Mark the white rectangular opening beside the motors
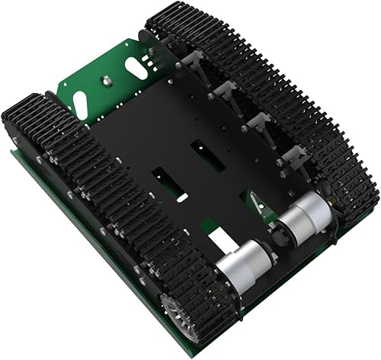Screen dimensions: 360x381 tap(222, 243)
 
